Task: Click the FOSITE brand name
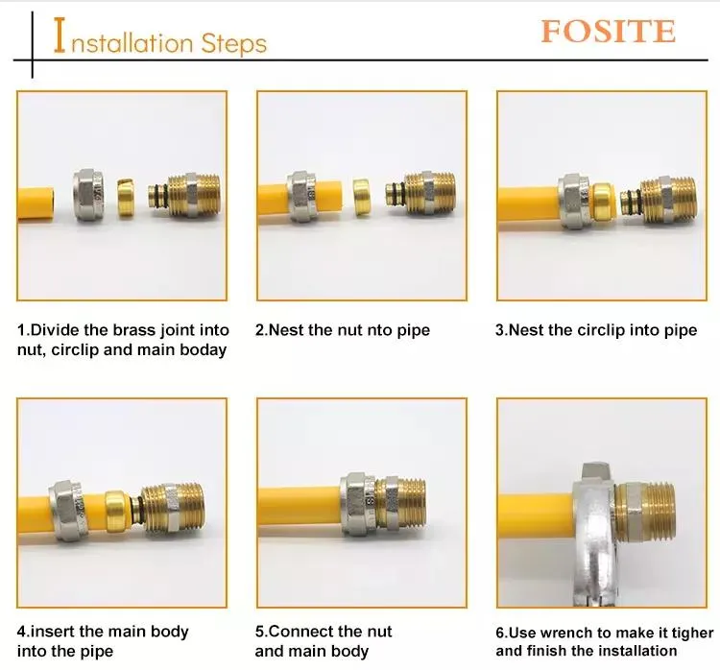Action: pyautogui.click(x=608, y=32)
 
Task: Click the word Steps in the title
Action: pyautogui.click(x=234, y=44)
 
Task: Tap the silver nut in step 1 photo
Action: pyautogui.click(x=90, y=195)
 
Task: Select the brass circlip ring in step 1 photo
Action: pyautogui.click(x=127, y=198)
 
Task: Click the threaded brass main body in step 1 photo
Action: pyautogui.click(x=184, y=195)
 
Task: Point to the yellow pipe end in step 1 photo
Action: pyautogui.click(x=36, y=203)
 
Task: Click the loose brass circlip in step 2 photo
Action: pyautogui.click(x=364, y=197)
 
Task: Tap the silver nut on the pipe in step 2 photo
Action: pyautogui.click(x=302, y=196)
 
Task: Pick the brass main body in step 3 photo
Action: pyautogui.click(x=659, y=201)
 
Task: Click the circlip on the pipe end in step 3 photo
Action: pyautogui.click(x=603, y=201)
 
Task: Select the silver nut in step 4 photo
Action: pyautogui.click(x=67, y=510)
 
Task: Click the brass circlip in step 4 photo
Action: pyautogui.click(x=117, y=511)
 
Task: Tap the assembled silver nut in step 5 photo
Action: pyautogui.click(x=360, y=504)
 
